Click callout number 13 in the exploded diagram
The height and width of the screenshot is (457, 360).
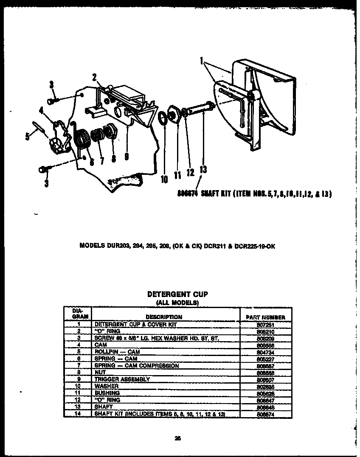[x=203, y=169]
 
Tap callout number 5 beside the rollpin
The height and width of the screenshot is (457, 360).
[x=28, y=137]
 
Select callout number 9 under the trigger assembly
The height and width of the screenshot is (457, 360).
[x=127, y=156]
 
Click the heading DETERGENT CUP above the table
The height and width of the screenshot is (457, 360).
[x=177, y=294]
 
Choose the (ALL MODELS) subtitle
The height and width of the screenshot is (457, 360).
[x=177, y=302]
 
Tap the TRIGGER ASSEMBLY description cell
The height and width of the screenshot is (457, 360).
[x=122, y=379]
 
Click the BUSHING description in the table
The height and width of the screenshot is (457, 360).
[x=107, y=393]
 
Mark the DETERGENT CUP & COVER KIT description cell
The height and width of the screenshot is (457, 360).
[x=129, y=324]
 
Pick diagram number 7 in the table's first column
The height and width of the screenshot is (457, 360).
[x=79, y=365]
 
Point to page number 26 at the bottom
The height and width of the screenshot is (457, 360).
[x=177, y=439]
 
